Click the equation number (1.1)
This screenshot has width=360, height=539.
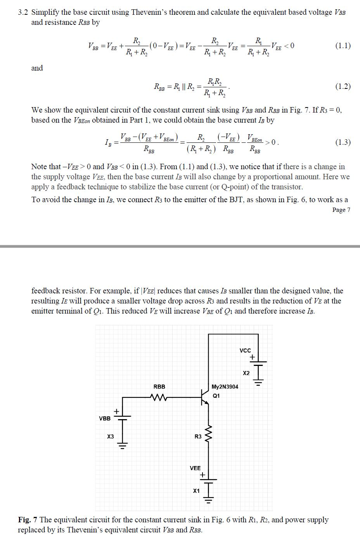[x=343, y=46]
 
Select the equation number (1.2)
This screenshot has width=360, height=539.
[x=343, y=86]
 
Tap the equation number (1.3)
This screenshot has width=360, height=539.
[x=343, y=142]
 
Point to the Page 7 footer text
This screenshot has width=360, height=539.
[x=341, y=210]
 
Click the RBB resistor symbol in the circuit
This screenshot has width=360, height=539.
[x=159, y=397]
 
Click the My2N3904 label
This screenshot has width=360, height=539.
[x=225, y=386]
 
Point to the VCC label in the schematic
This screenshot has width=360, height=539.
[x=245, y=350]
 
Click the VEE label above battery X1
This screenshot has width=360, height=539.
[x=195, y=468]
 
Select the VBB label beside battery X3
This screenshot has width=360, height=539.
[x=105, y=418]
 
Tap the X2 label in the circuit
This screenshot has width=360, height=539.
[x=246, y=373]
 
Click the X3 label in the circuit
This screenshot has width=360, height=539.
[x=111, y=437]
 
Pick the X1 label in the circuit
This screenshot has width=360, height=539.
[x=196, y=491]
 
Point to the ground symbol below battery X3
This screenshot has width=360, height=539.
[x=123, y=445]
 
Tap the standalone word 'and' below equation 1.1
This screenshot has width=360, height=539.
[x=37, y=68]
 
